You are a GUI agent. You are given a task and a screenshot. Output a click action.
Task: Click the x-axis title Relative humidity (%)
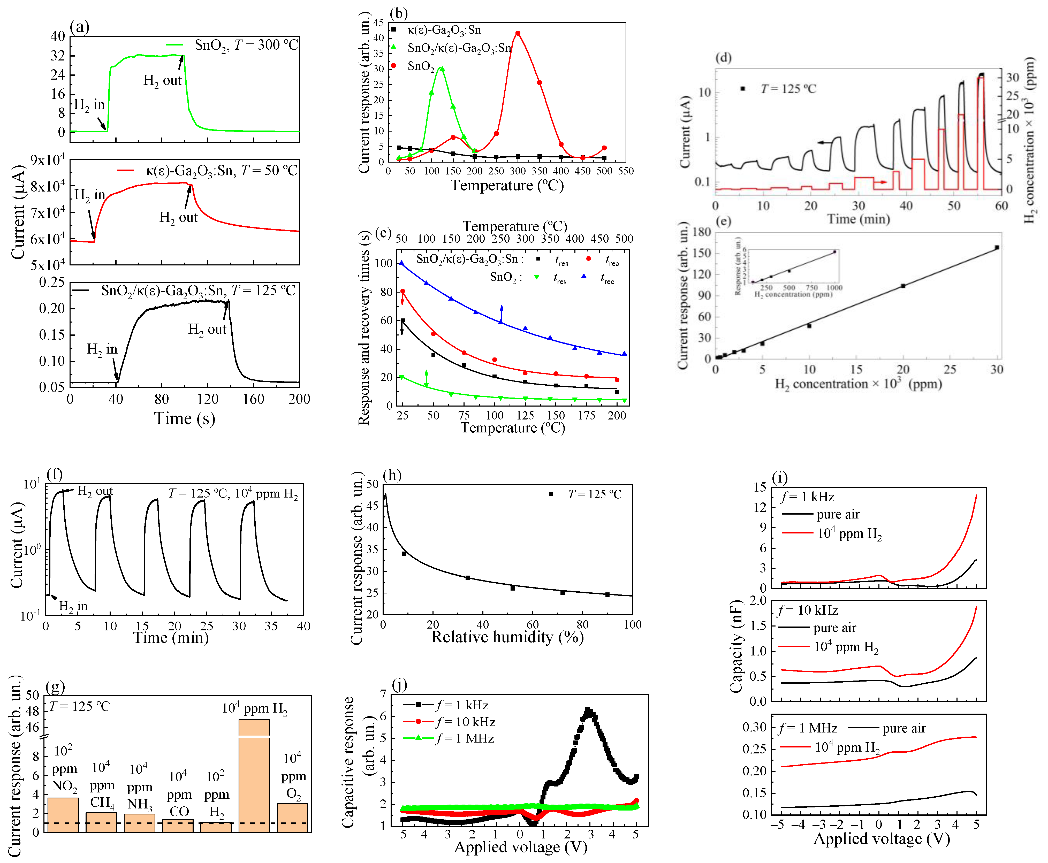point(507,637)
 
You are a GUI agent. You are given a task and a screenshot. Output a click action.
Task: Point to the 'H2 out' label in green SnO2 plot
point(163,81)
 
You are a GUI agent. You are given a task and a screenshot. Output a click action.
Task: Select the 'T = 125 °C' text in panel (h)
point(594,495)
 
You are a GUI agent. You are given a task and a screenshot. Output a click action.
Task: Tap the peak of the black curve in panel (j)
point(588,711)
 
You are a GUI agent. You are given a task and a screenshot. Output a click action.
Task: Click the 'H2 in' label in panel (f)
point(73,606)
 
